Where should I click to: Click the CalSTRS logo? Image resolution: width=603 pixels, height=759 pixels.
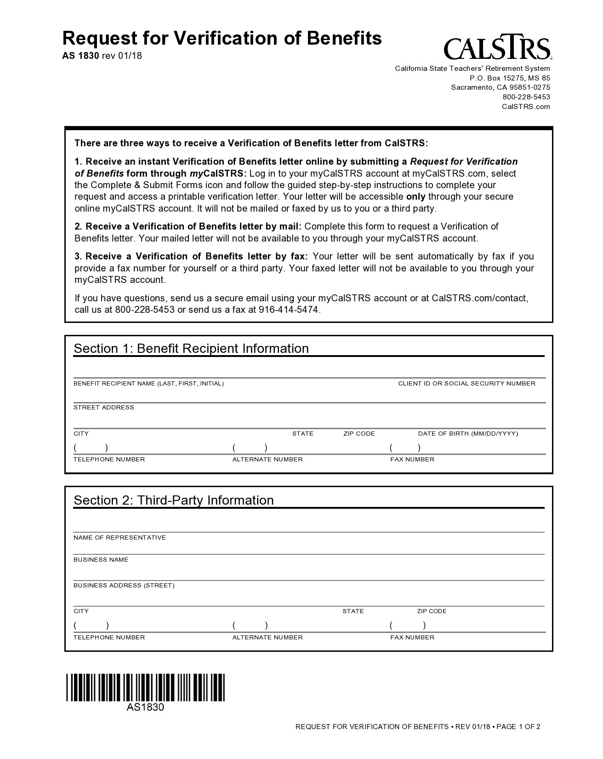[x=497, y=47]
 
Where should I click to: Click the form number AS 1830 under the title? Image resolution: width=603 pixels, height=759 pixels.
[x=80, y=56]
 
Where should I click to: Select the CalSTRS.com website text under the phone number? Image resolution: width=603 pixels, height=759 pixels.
[x=525, y=107]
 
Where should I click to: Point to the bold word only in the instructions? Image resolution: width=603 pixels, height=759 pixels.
[x=415, y=196]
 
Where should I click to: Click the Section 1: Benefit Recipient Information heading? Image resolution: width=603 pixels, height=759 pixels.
[x=191, y=348]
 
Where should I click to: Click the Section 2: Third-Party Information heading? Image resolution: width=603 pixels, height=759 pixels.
[x=173, y=500]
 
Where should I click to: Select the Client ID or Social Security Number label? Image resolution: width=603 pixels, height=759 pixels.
[x=466, y=384]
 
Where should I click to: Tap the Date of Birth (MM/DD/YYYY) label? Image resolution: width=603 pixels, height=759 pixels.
[x=467, y=434]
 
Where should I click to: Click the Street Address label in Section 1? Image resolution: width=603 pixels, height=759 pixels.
[x=103, y=408]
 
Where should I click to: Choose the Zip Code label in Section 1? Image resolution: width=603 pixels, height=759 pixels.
[x=358, y=434]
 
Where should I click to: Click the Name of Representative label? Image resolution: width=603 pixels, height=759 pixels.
[x=119, y=538]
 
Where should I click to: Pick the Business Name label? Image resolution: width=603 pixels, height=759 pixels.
[x=101, y=560]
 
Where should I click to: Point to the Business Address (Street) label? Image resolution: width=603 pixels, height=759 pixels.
[x=124, y=586]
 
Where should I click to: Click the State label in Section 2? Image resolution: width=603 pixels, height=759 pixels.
[x=353, y=611]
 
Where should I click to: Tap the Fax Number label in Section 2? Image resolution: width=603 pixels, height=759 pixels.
[x=412, y=638]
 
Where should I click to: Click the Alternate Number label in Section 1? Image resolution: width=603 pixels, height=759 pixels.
[x=267, y=460]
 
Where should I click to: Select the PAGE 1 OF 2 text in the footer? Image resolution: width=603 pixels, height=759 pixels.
[x=518, y=727]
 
